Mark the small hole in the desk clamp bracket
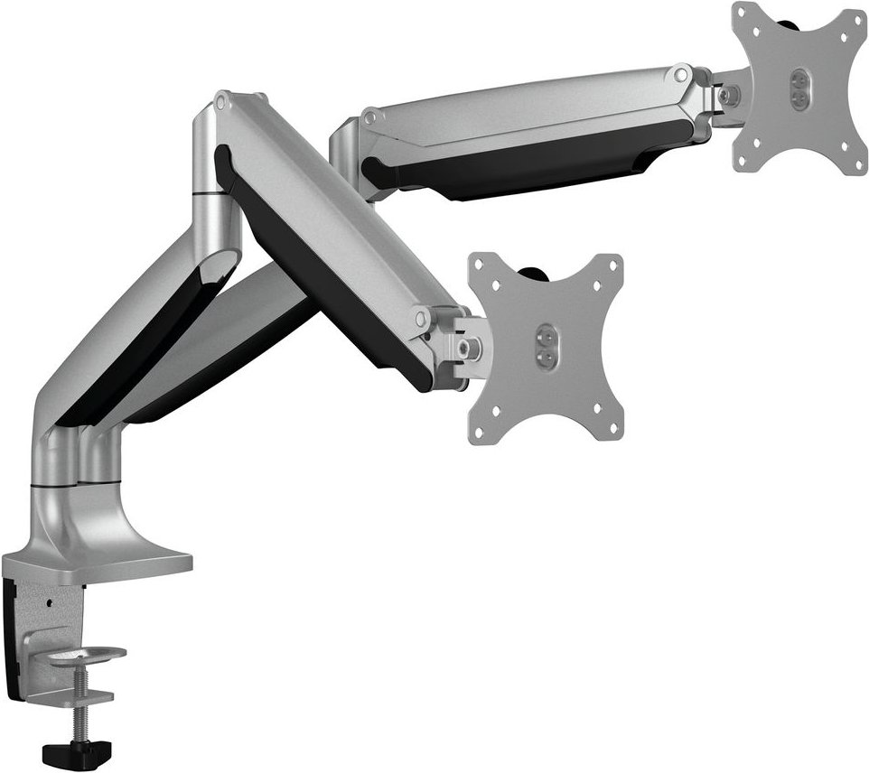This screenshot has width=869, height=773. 51,601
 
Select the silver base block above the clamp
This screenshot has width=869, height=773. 108,542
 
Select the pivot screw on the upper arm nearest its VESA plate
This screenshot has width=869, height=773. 678,72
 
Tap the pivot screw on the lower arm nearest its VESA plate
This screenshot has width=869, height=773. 420,318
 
